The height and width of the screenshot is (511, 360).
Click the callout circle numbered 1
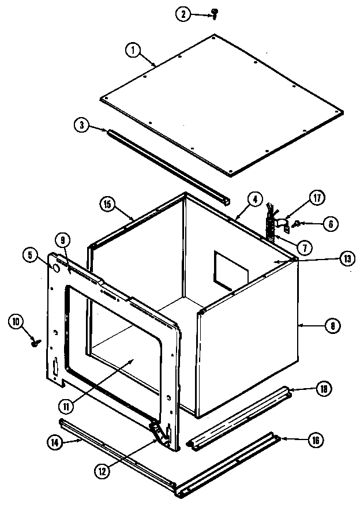click(133, 50)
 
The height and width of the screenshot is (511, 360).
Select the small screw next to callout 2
click(215, 12)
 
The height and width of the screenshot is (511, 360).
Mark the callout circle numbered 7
click(304, 246)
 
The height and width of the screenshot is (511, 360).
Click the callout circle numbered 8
click(332, 326)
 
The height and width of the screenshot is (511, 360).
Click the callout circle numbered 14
click(52, 442)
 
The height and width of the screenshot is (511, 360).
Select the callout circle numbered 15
click(107, 204)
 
